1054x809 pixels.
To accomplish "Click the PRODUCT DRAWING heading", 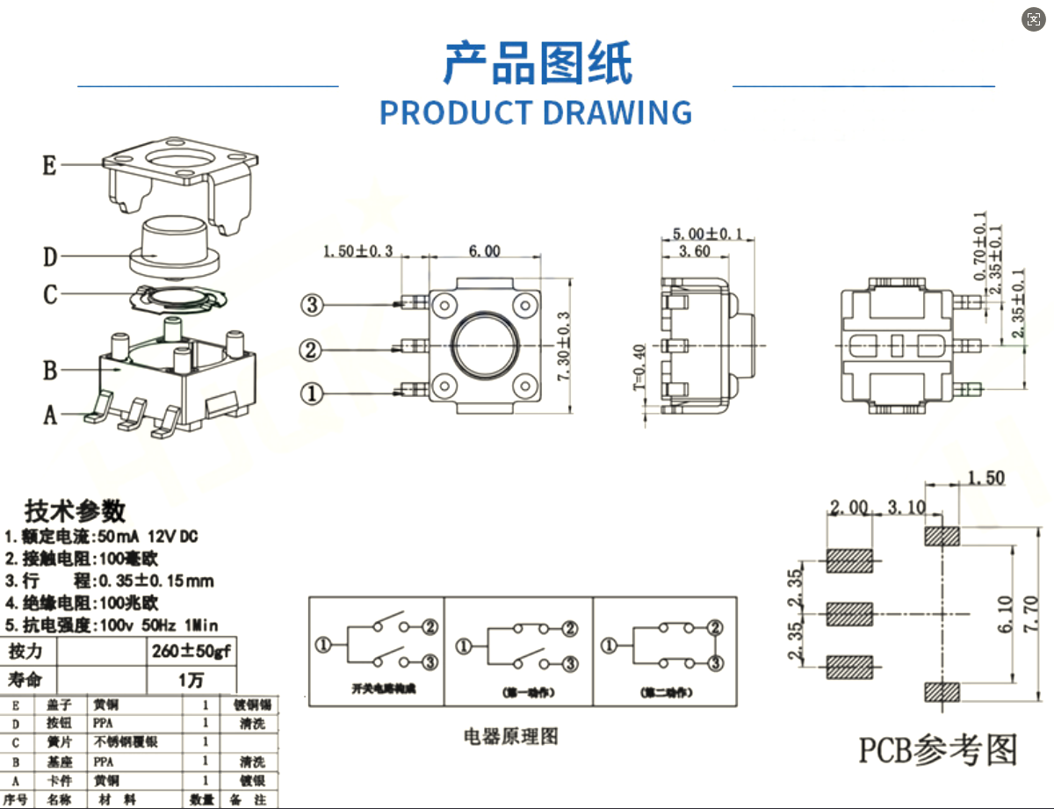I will tap(536, 112).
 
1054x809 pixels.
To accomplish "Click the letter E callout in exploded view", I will tap(50, 165).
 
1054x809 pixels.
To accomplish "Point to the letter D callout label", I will tap(50, 257).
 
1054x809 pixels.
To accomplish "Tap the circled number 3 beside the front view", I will tap(313, 305).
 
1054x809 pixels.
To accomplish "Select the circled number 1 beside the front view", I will tap(313, 393).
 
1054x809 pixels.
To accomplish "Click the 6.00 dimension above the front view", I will tap(484, 251).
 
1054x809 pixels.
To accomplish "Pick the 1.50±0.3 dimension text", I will tap(357, 251).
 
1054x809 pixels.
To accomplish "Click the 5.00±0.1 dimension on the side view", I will tap(707, 234).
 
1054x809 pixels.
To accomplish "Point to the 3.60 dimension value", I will tap(696, 251).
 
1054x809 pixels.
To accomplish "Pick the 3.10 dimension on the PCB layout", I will tap(906, 508).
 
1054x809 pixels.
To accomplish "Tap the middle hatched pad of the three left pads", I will tap(849, 613).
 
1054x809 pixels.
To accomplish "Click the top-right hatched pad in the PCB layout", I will tap(941, 536).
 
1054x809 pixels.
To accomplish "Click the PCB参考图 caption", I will tap(938, 750).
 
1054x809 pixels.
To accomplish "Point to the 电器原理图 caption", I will tap(510, 736).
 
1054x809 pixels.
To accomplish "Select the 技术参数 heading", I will tap(75, 511).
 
